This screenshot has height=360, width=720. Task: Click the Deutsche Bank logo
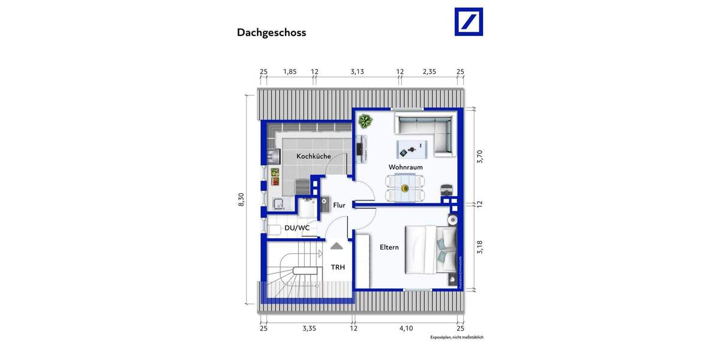click(469, 22)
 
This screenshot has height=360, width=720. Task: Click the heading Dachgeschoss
click(271, 33)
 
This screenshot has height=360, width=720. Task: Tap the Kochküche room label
click(313, 157)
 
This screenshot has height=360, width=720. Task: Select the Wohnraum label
click(406, 167)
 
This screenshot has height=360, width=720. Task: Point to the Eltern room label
click(389, 247)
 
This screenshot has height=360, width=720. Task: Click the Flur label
click(339, 205)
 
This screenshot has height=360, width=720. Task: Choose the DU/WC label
click(297, 228)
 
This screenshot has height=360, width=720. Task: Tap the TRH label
click(338, 268)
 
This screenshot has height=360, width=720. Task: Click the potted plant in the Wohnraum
click(364, 122)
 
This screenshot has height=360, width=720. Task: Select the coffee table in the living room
click(410, 148)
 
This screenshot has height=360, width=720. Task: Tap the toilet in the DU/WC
click(273, 229)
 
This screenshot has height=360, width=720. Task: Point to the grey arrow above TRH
click(337, 245)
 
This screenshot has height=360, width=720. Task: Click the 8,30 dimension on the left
click(241, 200)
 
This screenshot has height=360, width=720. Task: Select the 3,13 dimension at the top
click(357, 72)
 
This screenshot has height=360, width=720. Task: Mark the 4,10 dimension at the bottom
click(406, 328)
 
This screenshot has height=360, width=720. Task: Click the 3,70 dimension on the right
click(479, 157)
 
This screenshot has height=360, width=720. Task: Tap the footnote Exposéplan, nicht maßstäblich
click(456, 337)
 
